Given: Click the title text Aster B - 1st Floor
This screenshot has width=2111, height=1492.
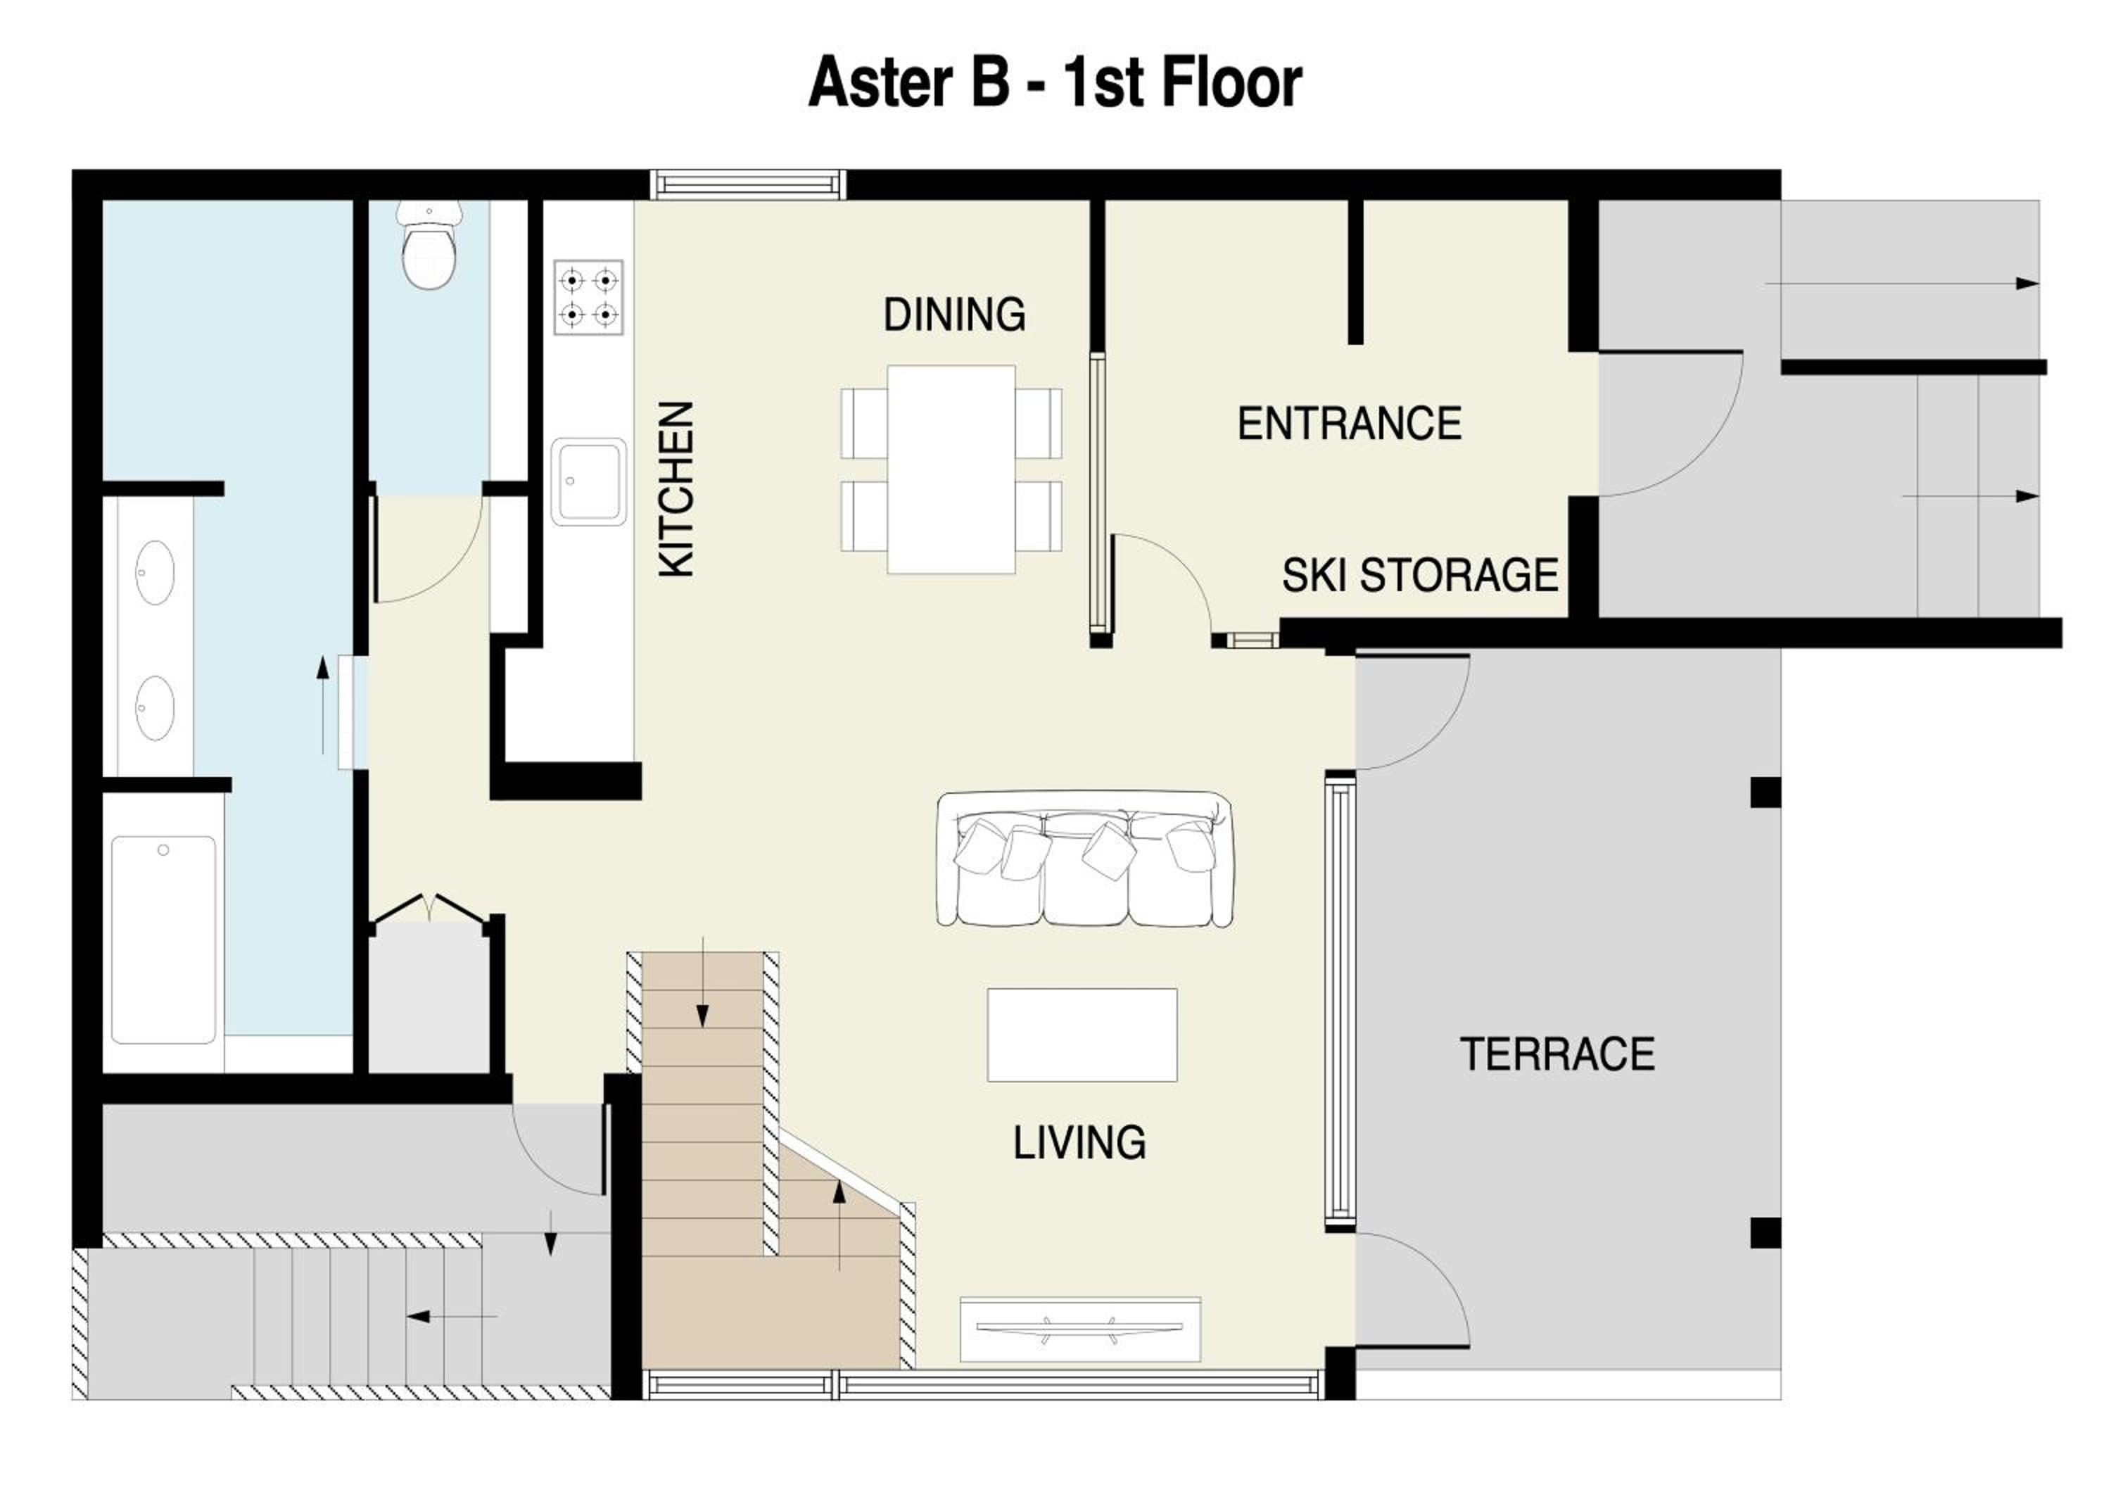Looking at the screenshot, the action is click(x=1055, y=83).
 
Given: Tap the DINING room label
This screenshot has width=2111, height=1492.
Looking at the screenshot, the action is click(x=954, y=315).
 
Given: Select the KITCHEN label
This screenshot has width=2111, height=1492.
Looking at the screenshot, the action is click(x=676, y=489).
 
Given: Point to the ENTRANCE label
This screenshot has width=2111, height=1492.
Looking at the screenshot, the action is click(x=1349, y=424).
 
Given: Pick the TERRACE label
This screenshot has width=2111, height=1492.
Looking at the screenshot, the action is click(x=1557, y=1054).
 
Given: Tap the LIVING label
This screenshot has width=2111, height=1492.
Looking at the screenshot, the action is click(x=1079, y=1143).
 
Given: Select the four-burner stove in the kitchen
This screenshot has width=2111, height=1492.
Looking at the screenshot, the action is click(x=588, y=297).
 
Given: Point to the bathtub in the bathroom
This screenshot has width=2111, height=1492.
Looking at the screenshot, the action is click(x=164, y=940).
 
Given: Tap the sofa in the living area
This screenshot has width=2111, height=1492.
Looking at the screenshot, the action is click(x=1084, y=859).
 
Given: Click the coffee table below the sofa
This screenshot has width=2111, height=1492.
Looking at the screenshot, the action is click(x=1082, y=1035).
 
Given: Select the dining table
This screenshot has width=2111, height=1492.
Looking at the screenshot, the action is click(x=951, y=469).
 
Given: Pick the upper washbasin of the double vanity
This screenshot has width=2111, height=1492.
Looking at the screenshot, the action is click(x=155, y=573).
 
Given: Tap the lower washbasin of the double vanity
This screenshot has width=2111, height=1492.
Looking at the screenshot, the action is click(x=155, y=709).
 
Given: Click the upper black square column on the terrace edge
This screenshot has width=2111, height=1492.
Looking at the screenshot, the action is click(x=1765, y=792).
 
